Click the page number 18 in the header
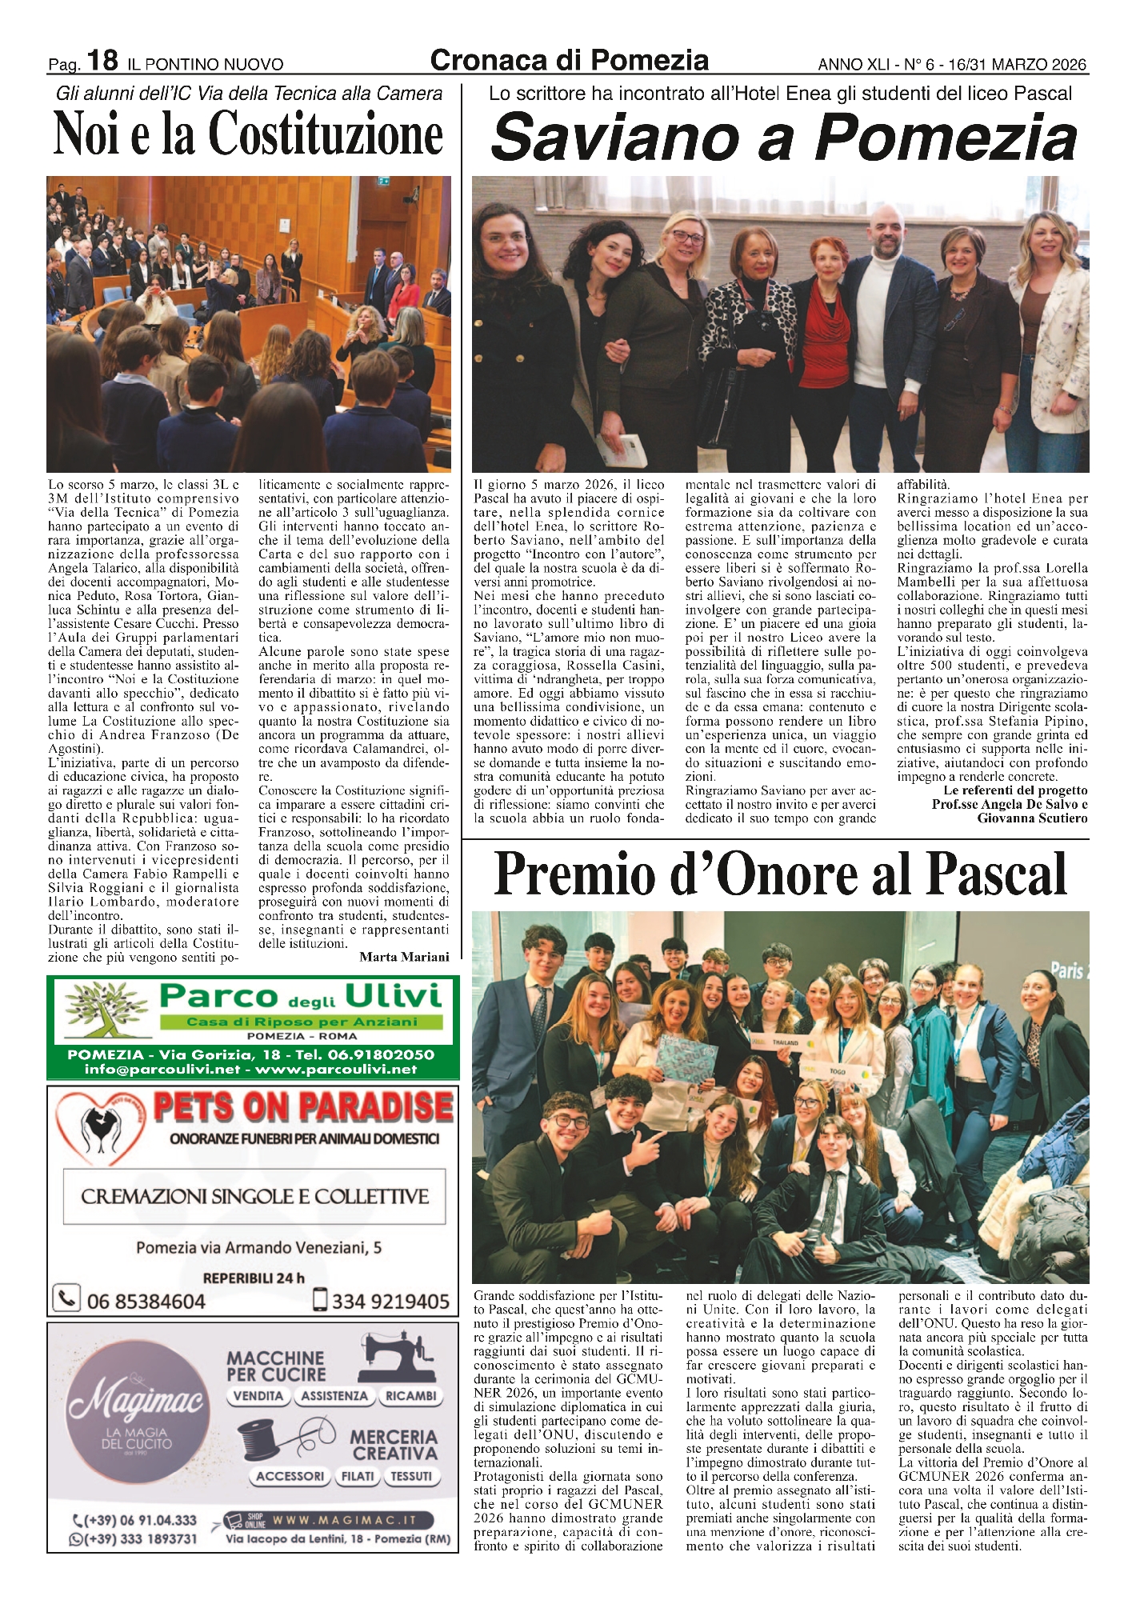102,61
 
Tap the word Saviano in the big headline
614,138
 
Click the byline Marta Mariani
404,957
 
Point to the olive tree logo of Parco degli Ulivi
106,1013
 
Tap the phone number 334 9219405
390,1302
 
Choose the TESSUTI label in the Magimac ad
411,1476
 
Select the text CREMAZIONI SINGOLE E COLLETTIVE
255,1197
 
